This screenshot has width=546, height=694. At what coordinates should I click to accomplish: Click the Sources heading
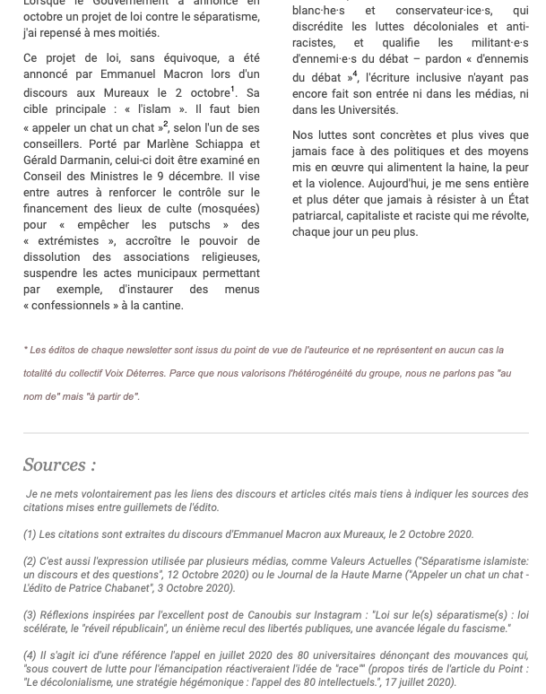tap(59, 464)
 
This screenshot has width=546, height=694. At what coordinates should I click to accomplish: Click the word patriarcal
tap(324, 215)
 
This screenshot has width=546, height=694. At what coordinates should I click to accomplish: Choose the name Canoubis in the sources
tap(266, 615)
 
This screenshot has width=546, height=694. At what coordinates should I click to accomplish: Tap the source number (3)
tap(30, 615)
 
